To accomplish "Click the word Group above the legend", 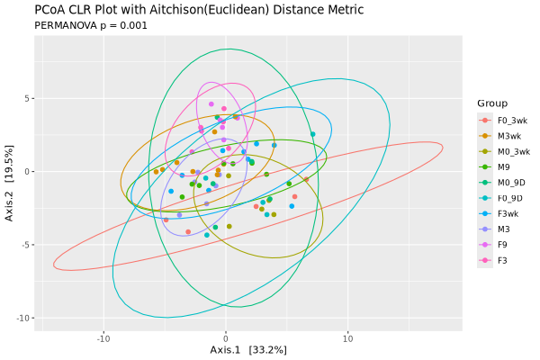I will click(492, 103).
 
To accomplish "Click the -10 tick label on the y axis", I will click(25, 319).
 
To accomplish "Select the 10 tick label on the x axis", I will click(347, 338).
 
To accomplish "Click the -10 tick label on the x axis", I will click(103, 338).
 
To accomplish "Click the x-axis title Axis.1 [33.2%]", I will click(248, 349).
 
